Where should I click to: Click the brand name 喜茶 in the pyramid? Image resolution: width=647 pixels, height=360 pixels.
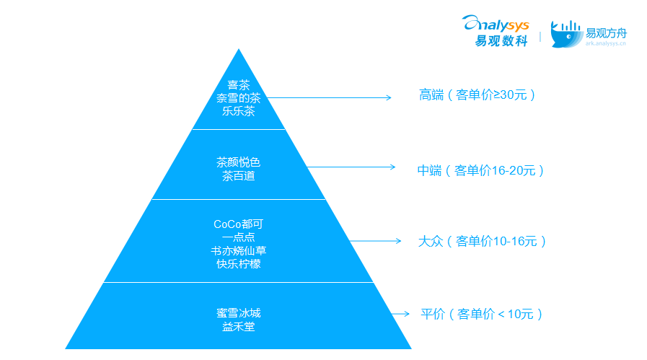click(239, 85)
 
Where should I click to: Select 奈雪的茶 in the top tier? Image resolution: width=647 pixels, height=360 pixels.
click(239, 98)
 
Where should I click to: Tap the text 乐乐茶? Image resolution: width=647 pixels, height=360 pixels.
click(239, 111)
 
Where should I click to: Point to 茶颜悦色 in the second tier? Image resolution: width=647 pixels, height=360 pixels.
click(239, 162)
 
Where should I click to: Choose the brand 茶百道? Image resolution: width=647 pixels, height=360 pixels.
click(239, 176)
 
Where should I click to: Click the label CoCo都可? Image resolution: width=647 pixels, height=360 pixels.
click(239, 224)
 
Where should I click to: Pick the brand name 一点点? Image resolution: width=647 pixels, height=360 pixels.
click(239, 237)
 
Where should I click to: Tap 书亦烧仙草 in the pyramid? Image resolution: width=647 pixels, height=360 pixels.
click(239, 250)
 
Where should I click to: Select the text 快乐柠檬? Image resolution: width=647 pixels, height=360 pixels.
click(239, 264)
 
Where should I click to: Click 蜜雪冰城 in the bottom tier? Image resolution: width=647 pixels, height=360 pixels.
click(239, 313)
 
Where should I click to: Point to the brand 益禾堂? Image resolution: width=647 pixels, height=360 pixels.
click(239, 327)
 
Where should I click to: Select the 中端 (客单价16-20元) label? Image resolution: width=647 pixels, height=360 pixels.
click(480, 170)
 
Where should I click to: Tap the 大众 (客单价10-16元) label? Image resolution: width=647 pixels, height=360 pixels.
click(482, 241)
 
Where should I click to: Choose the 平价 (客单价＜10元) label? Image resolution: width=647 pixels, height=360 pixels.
click(481, 314)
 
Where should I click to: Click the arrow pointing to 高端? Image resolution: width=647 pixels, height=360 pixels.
click(330, 98)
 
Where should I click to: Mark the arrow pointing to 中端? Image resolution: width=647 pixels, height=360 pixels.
click(351, 167)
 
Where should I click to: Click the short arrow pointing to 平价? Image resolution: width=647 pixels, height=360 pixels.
click(400, 314)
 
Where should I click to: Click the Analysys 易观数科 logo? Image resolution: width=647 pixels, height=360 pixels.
click(496, 31)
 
